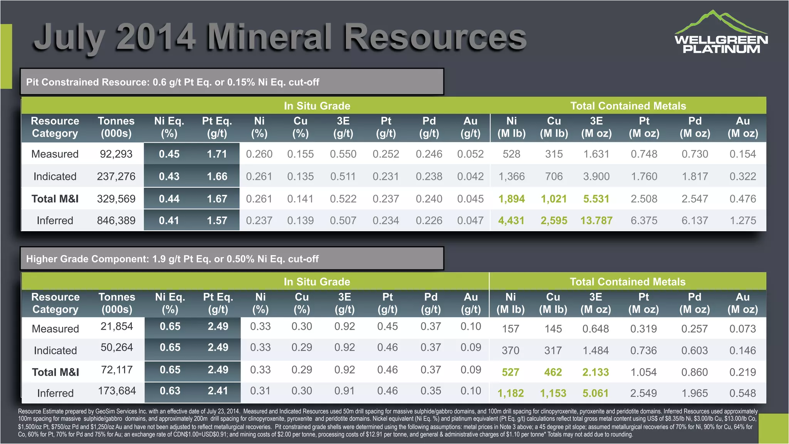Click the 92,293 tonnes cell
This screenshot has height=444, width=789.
tap(116, 154)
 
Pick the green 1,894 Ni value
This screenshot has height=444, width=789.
tap(511, 199)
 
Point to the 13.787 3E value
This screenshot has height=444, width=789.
tap(596, 220)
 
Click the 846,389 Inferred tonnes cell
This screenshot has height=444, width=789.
tap(116, 220)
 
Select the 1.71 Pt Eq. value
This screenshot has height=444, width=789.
tap(217, 154)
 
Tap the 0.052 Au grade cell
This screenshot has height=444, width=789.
tap(470, 154)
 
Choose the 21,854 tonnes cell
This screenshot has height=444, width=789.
tap(117, 326)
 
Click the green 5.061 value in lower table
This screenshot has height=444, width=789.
tap(595, 393)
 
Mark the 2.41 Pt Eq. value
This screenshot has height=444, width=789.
tap(218, 391)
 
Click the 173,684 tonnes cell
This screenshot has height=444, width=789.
tap(117, 391)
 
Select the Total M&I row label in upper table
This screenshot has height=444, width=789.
tap(55, 199)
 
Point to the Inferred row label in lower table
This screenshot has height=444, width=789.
tap(55, 393)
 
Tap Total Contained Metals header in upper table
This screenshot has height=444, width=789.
tap(628, 106)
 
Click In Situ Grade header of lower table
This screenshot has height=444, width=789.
tap(317, 282)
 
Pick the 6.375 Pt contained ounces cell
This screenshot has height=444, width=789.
tap(644, 220)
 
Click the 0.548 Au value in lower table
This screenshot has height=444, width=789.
tap(742, 393)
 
